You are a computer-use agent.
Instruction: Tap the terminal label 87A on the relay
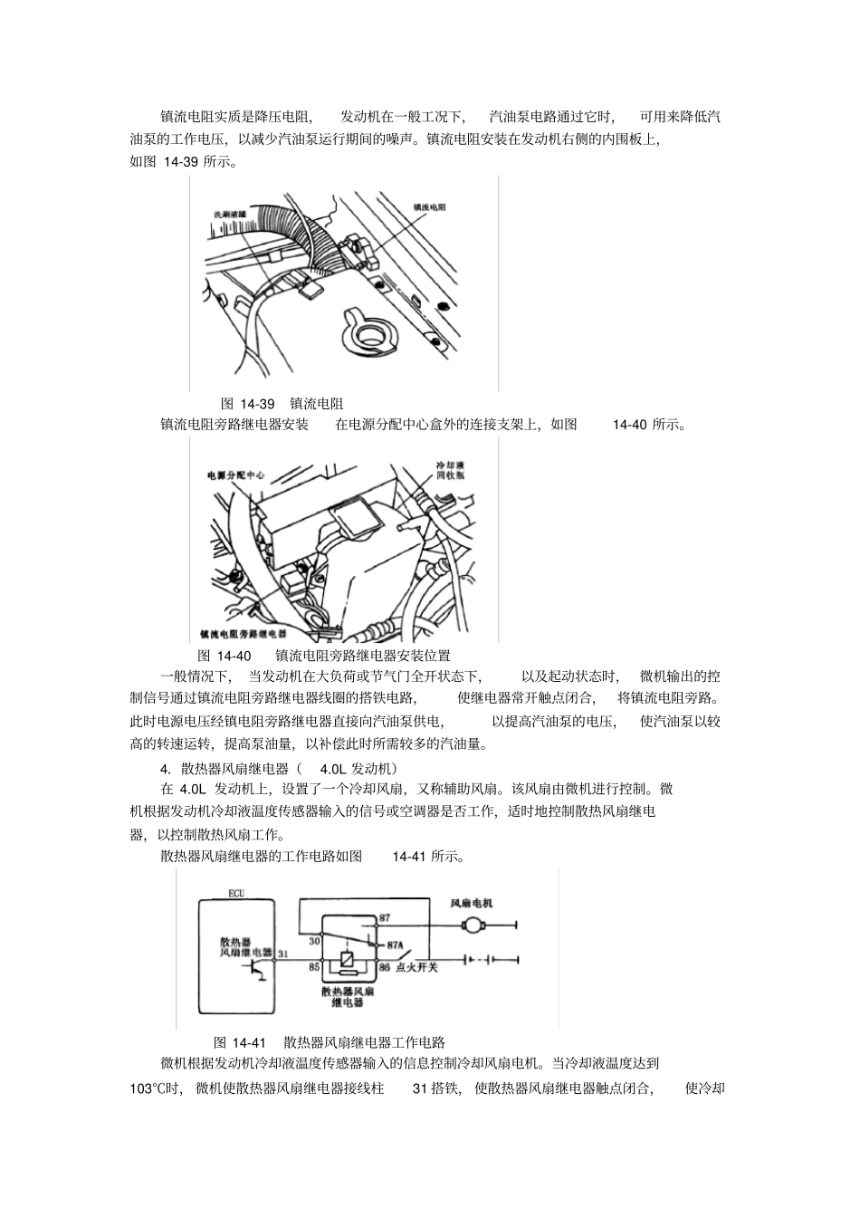point(395,944)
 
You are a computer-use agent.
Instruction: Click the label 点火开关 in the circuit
point(418,968)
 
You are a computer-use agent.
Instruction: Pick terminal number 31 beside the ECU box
point(282,953)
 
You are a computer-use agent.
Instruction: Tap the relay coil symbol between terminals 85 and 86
point(348,959)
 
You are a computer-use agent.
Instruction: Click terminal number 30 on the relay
point(314,942)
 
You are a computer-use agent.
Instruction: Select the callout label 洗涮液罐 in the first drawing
point(229,214)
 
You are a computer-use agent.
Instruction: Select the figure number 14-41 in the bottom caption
point(249,1041)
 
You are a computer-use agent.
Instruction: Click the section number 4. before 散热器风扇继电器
point(166,768)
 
